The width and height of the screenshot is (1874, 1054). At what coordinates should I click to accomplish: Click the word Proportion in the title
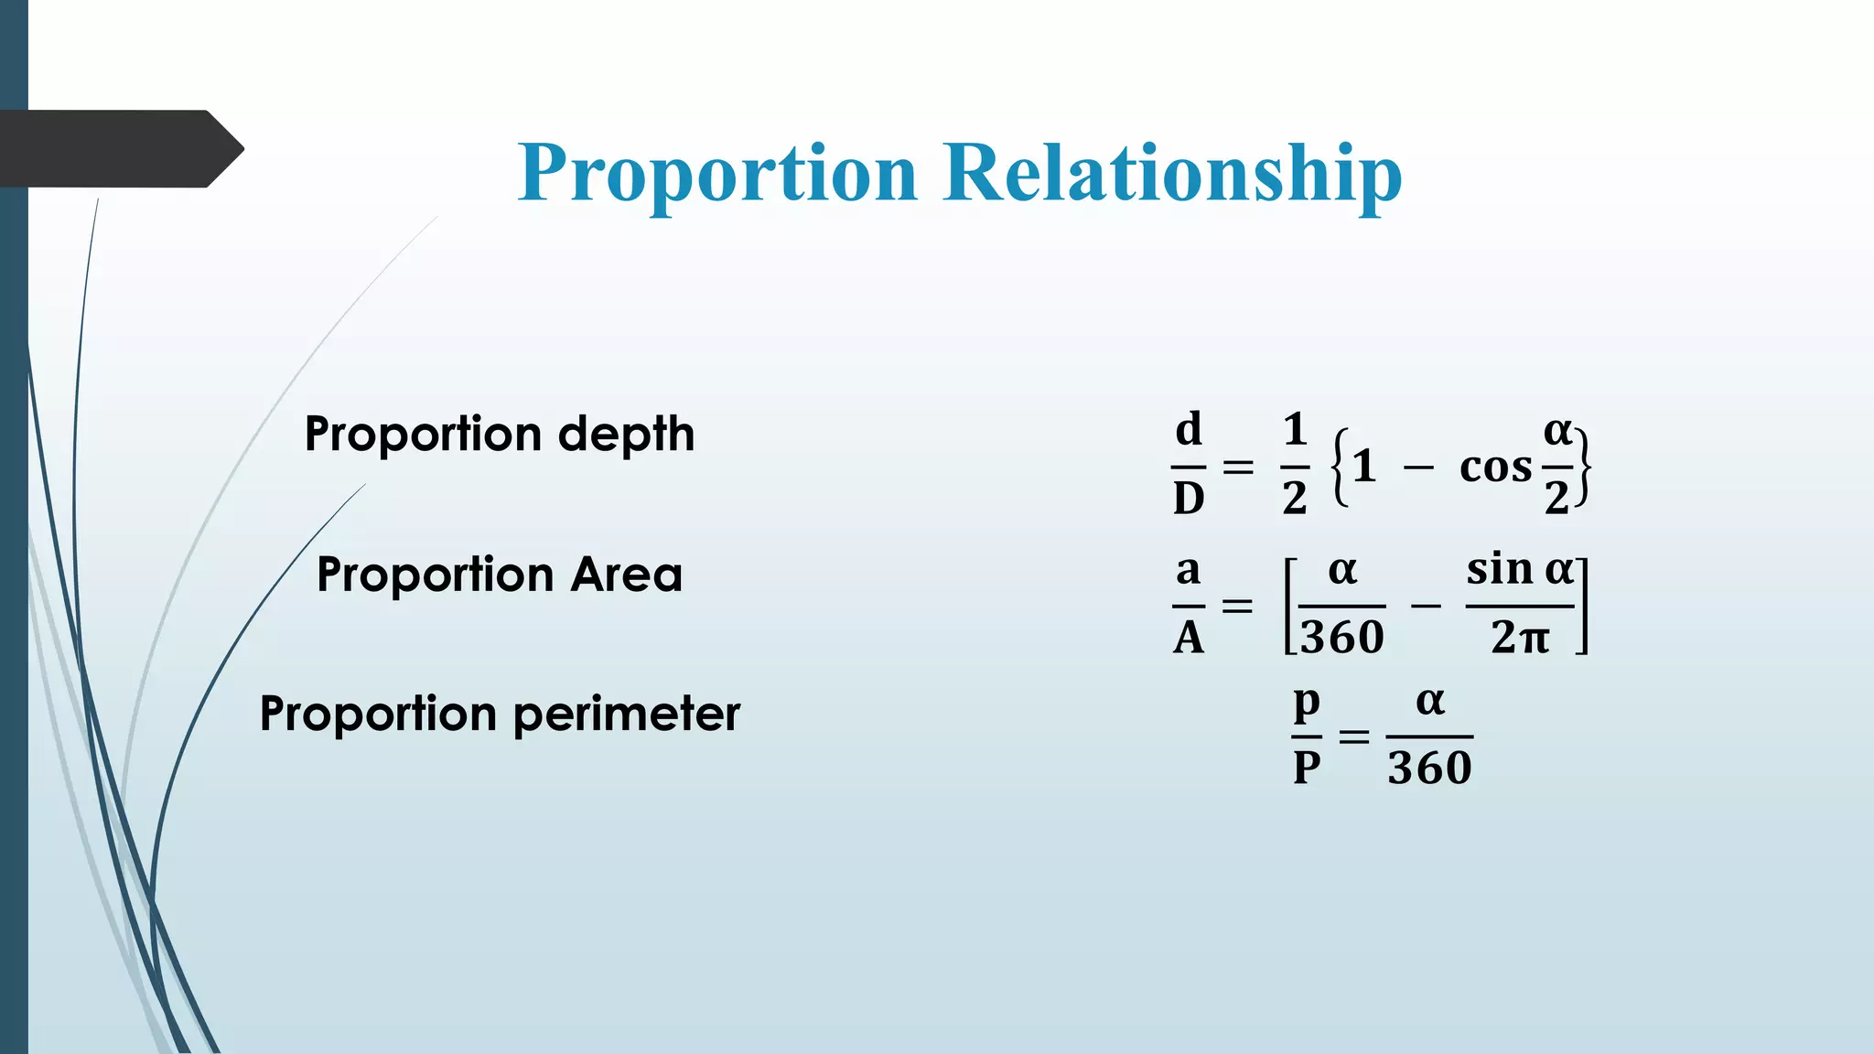click(x=717, y=174)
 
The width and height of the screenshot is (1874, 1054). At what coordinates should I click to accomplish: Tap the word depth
click(x=626, y=436)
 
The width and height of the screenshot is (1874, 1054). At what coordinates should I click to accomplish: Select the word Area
click(x=627, y=575)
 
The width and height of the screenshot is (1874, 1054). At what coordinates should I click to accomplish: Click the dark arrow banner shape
click(x=119, y=149)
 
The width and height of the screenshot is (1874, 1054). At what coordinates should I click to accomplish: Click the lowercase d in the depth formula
click(x=1188, y=429)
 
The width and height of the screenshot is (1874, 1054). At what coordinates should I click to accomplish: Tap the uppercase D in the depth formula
click(x=1188, y=499)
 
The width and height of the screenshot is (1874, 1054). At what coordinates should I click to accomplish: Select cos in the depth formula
click(x=1495, y=468)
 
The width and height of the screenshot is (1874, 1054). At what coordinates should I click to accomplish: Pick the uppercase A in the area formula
click(x=1188, y=638)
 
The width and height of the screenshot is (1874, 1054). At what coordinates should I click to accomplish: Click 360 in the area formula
click(x=1342, y=638)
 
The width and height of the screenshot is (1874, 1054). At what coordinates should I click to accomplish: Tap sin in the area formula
click(x=1500, y=569)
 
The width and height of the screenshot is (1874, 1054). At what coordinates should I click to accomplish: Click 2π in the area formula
click(x=1520, y=638)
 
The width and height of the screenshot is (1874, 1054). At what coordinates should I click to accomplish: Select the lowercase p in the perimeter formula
click(x=1307, y=703)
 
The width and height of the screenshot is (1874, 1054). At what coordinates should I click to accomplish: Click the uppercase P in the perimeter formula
click(x=1307, y=769)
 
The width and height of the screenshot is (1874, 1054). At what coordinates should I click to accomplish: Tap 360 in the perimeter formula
click(x=1429, y=769)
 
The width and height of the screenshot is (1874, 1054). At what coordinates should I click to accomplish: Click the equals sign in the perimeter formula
click(x=1354, y=736)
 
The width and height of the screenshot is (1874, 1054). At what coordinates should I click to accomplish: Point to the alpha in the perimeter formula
click(x=1429, y=702)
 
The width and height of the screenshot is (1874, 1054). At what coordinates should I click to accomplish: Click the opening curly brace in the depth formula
click(x=1340, y=467)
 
